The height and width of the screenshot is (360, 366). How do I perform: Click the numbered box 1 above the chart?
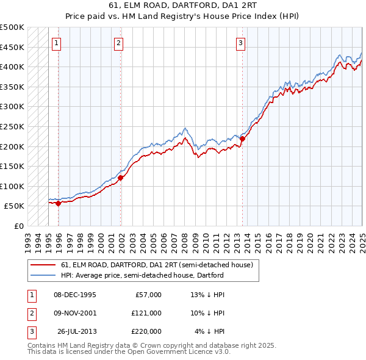(x=56, y=43)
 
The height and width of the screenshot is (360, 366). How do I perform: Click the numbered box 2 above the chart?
(x=118, y=43)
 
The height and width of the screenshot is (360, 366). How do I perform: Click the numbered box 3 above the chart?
(x=241, y=43)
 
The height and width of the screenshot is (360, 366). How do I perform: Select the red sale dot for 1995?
(x=59, y=204)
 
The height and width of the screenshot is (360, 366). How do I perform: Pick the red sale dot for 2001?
(x=121, y=178)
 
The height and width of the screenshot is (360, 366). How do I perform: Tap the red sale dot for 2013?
(x=242, y=139)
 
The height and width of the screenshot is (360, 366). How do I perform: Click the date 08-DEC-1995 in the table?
(x=75, y=295)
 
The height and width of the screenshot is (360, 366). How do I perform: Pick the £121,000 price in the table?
(x=146, y=313)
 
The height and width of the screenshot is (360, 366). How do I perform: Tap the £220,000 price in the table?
(x=146, y=331)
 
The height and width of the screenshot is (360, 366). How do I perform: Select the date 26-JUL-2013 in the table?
(x=76, y=331)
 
